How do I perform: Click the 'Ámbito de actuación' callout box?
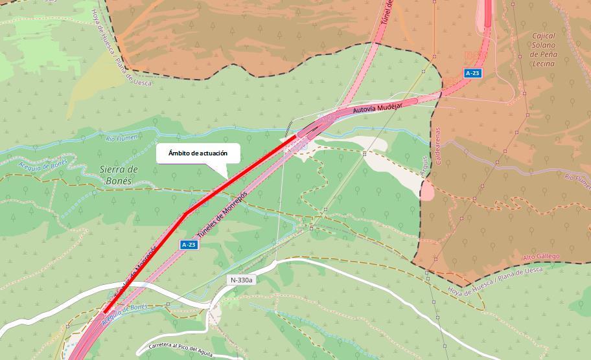pyautogui.click(x=198, y=153)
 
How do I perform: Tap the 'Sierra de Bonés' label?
pyautogui.click(x=120, y=175)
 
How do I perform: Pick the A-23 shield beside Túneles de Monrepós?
pyautogui.click(x=188, y=244)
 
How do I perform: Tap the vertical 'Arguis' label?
pyautogui.click(x=426, y=166)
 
